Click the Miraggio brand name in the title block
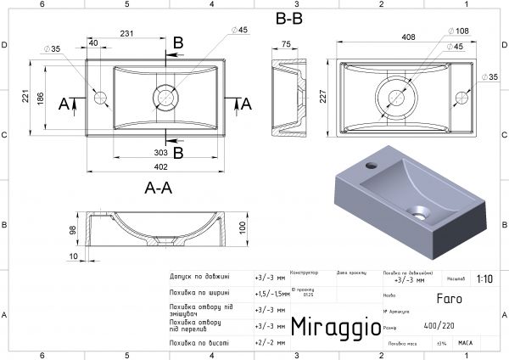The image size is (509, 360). coord(331,325)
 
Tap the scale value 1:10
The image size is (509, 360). coord(484,278)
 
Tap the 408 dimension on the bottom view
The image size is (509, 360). coord(407,37)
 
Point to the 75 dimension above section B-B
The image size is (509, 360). coord(287,44)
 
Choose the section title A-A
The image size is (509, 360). coord(159,188)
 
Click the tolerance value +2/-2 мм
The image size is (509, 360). coord(271,342)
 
